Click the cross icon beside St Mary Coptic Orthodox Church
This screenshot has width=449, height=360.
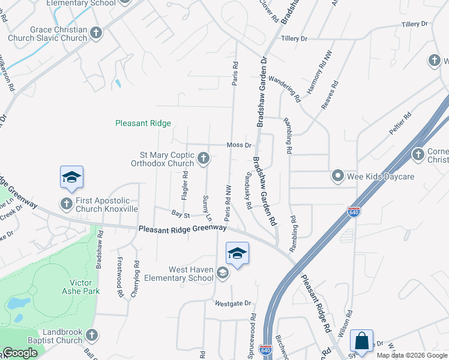click(203, 158)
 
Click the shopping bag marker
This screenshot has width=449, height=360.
click(362, 341)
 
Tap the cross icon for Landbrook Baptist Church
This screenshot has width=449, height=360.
click(91, 335)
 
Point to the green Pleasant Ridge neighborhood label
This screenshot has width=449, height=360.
click(143, 124)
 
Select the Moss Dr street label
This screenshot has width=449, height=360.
click(239, 145)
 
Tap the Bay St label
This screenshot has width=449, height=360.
click(180, 214)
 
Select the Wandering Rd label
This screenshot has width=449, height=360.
click(285, 86)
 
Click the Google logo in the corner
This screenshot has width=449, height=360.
click(20, 353)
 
